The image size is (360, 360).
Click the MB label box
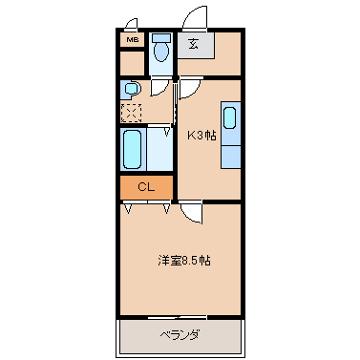tap(131, 41)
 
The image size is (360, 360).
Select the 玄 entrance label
tap(194, 44)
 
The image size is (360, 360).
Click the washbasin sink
tap(132, 90)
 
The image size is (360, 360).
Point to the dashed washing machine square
tap(131, 112)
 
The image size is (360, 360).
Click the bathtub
tap(132, 149)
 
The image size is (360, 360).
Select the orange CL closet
tap(146, 187)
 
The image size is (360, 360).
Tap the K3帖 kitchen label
tap(201, 135)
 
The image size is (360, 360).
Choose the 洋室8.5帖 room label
tap(184, 260)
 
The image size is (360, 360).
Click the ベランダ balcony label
tap(179, 334)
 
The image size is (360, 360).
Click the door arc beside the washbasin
tap(159, 87)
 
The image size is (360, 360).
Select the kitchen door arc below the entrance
tap(188, 88)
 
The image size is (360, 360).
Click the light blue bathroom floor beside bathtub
tap(158, 149)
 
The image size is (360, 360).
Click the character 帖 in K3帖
tap(210, 135)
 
